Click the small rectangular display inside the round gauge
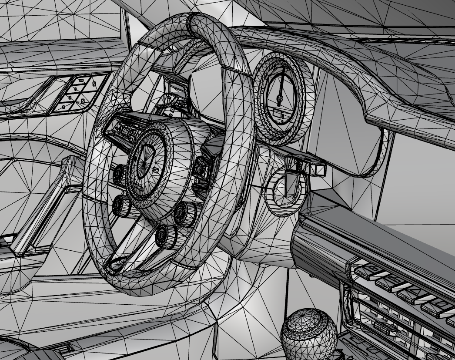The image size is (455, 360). [x=283, y=115]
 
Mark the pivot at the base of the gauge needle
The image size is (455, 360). [x=280, y=100]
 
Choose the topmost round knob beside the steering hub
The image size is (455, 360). [x=118, y=174]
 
